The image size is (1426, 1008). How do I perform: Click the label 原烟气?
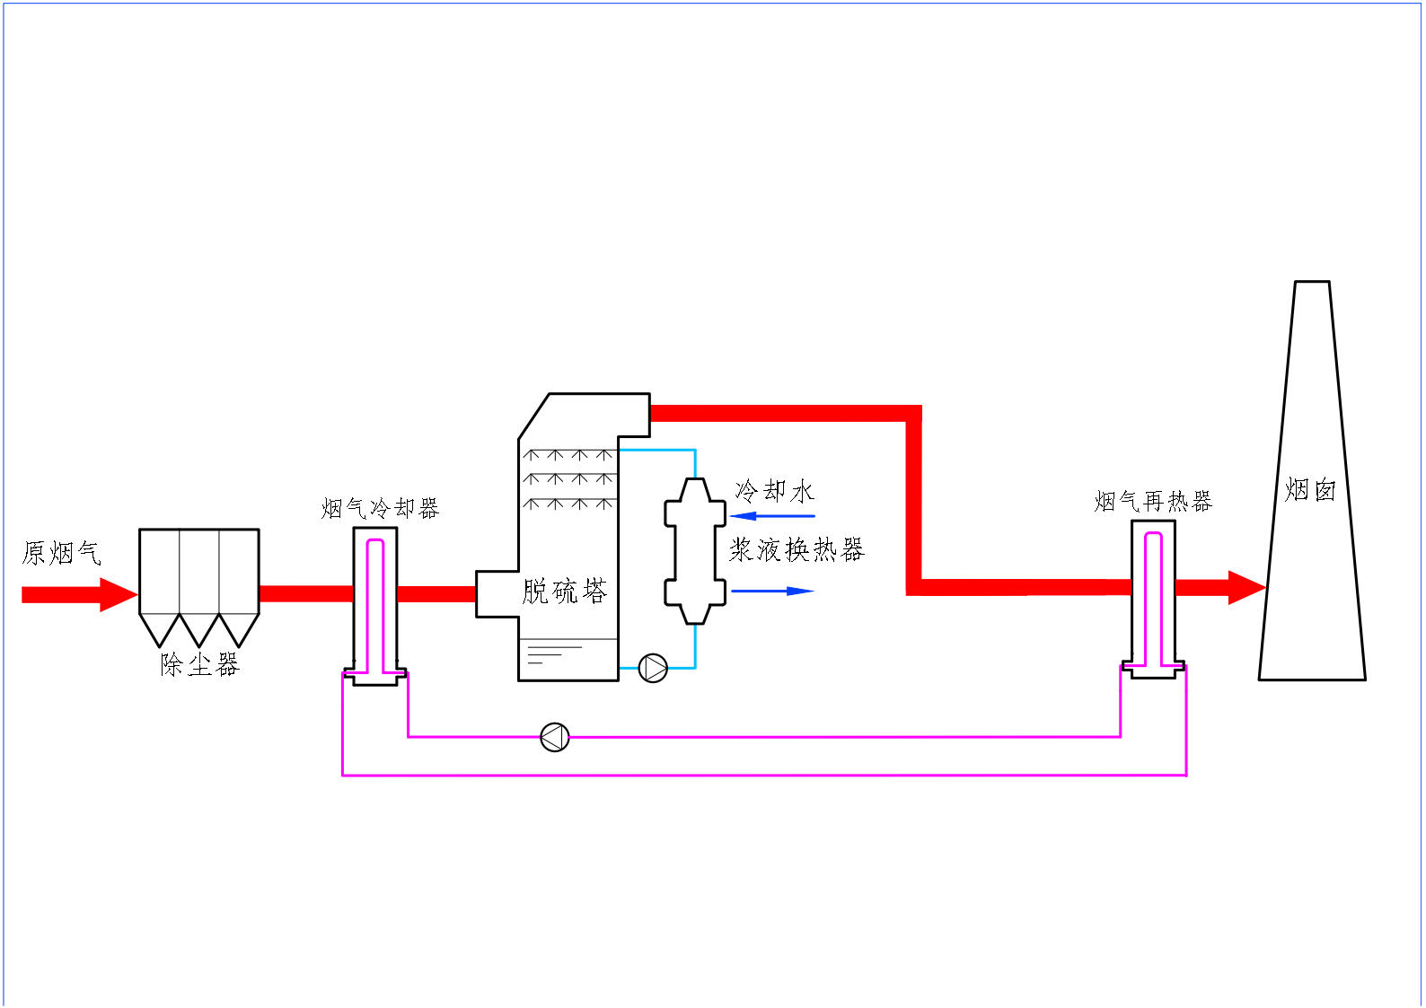point(61,553)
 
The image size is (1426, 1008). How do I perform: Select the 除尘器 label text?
point(200,664)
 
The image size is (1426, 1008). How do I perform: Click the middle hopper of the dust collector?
point(199,629)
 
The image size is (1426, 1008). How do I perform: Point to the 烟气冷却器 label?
point(380,509)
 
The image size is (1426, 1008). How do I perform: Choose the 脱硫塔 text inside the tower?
point(564,592)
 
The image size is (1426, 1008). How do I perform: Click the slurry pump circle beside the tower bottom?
point(653,668)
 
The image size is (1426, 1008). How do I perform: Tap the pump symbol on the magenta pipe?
point(555,737)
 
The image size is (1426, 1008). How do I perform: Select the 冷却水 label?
point(775,491)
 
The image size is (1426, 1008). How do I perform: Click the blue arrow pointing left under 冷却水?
point(772,516)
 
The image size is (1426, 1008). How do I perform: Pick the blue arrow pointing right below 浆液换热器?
point(772,591)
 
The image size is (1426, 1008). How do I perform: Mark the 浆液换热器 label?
point(797,550)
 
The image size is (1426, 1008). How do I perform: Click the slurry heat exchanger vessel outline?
point(695,551)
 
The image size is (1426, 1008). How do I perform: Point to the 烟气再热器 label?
point(1153,501)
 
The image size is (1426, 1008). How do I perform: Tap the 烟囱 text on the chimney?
point(1310,490)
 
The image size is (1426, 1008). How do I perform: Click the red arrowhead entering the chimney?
point(1246,588)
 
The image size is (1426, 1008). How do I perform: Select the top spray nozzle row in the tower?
point(568,455)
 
